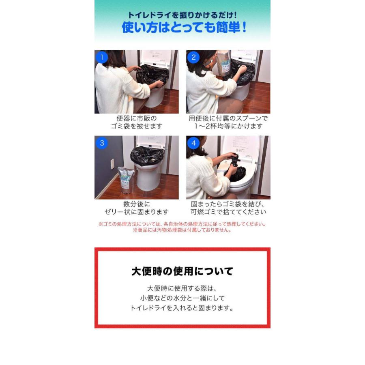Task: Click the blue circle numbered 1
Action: point(102,57)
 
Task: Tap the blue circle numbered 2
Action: point(193,57)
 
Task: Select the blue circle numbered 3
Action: point(102,143)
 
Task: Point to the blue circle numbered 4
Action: point(193,143)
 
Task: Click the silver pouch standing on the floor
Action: point(126,180)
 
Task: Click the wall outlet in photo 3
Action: point(112,164)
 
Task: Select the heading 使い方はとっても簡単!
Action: point(184,28)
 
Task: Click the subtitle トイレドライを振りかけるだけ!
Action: point(182,15)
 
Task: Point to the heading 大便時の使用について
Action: point(182,271)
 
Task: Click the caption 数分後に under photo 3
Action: point(137,204)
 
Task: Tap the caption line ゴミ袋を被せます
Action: point(137,126)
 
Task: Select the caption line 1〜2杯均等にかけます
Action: point(228,126)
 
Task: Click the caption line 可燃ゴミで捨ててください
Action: point(228,212)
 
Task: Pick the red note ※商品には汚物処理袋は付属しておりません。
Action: point(182,230)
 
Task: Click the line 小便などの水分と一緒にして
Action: point(182,298)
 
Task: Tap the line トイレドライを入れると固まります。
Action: point(182,308)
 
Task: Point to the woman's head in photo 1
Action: point(112,59)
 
